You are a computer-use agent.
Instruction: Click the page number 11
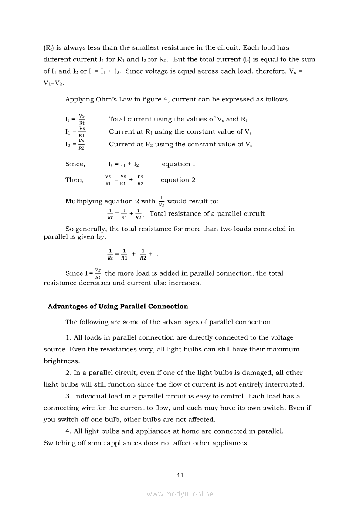tap(180, 475)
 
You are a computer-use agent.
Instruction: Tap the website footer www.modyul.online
tap(180, 494)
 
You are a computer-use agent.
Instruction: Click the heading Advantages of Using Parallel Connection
tap(118, 306)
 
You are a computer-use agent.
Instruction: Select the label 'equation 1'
tap(178, 164)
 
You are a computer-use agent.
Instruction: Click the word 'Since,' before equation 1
tap(75, 164)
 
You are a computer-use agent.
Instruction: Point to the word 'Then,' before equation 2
tap(75, 180)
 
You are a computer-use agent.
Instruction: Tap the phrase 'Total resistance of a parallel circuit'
tap(207, 213)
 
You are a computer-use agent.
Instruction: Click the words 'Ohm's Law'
tap(116, 99)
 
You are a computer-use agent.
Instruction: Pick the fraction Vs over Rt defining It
tap(82, 119)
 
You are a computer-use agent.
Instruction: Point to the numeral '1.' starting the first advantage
tap(68, 337)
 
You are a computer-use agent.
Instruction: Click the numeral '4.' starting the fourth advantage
tap(68, 431)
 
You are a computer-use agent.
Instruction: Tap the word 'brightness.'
tap(61, 361)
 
